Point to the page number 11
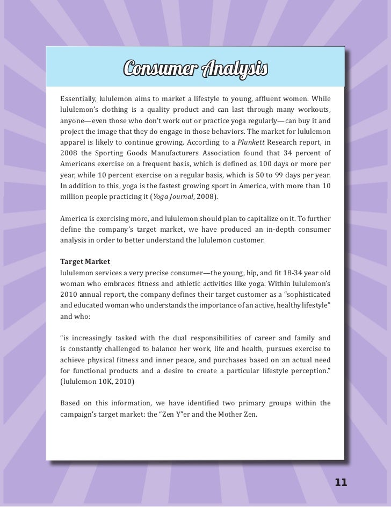pos(341,482)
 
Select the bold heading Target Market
pos(85,261)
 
